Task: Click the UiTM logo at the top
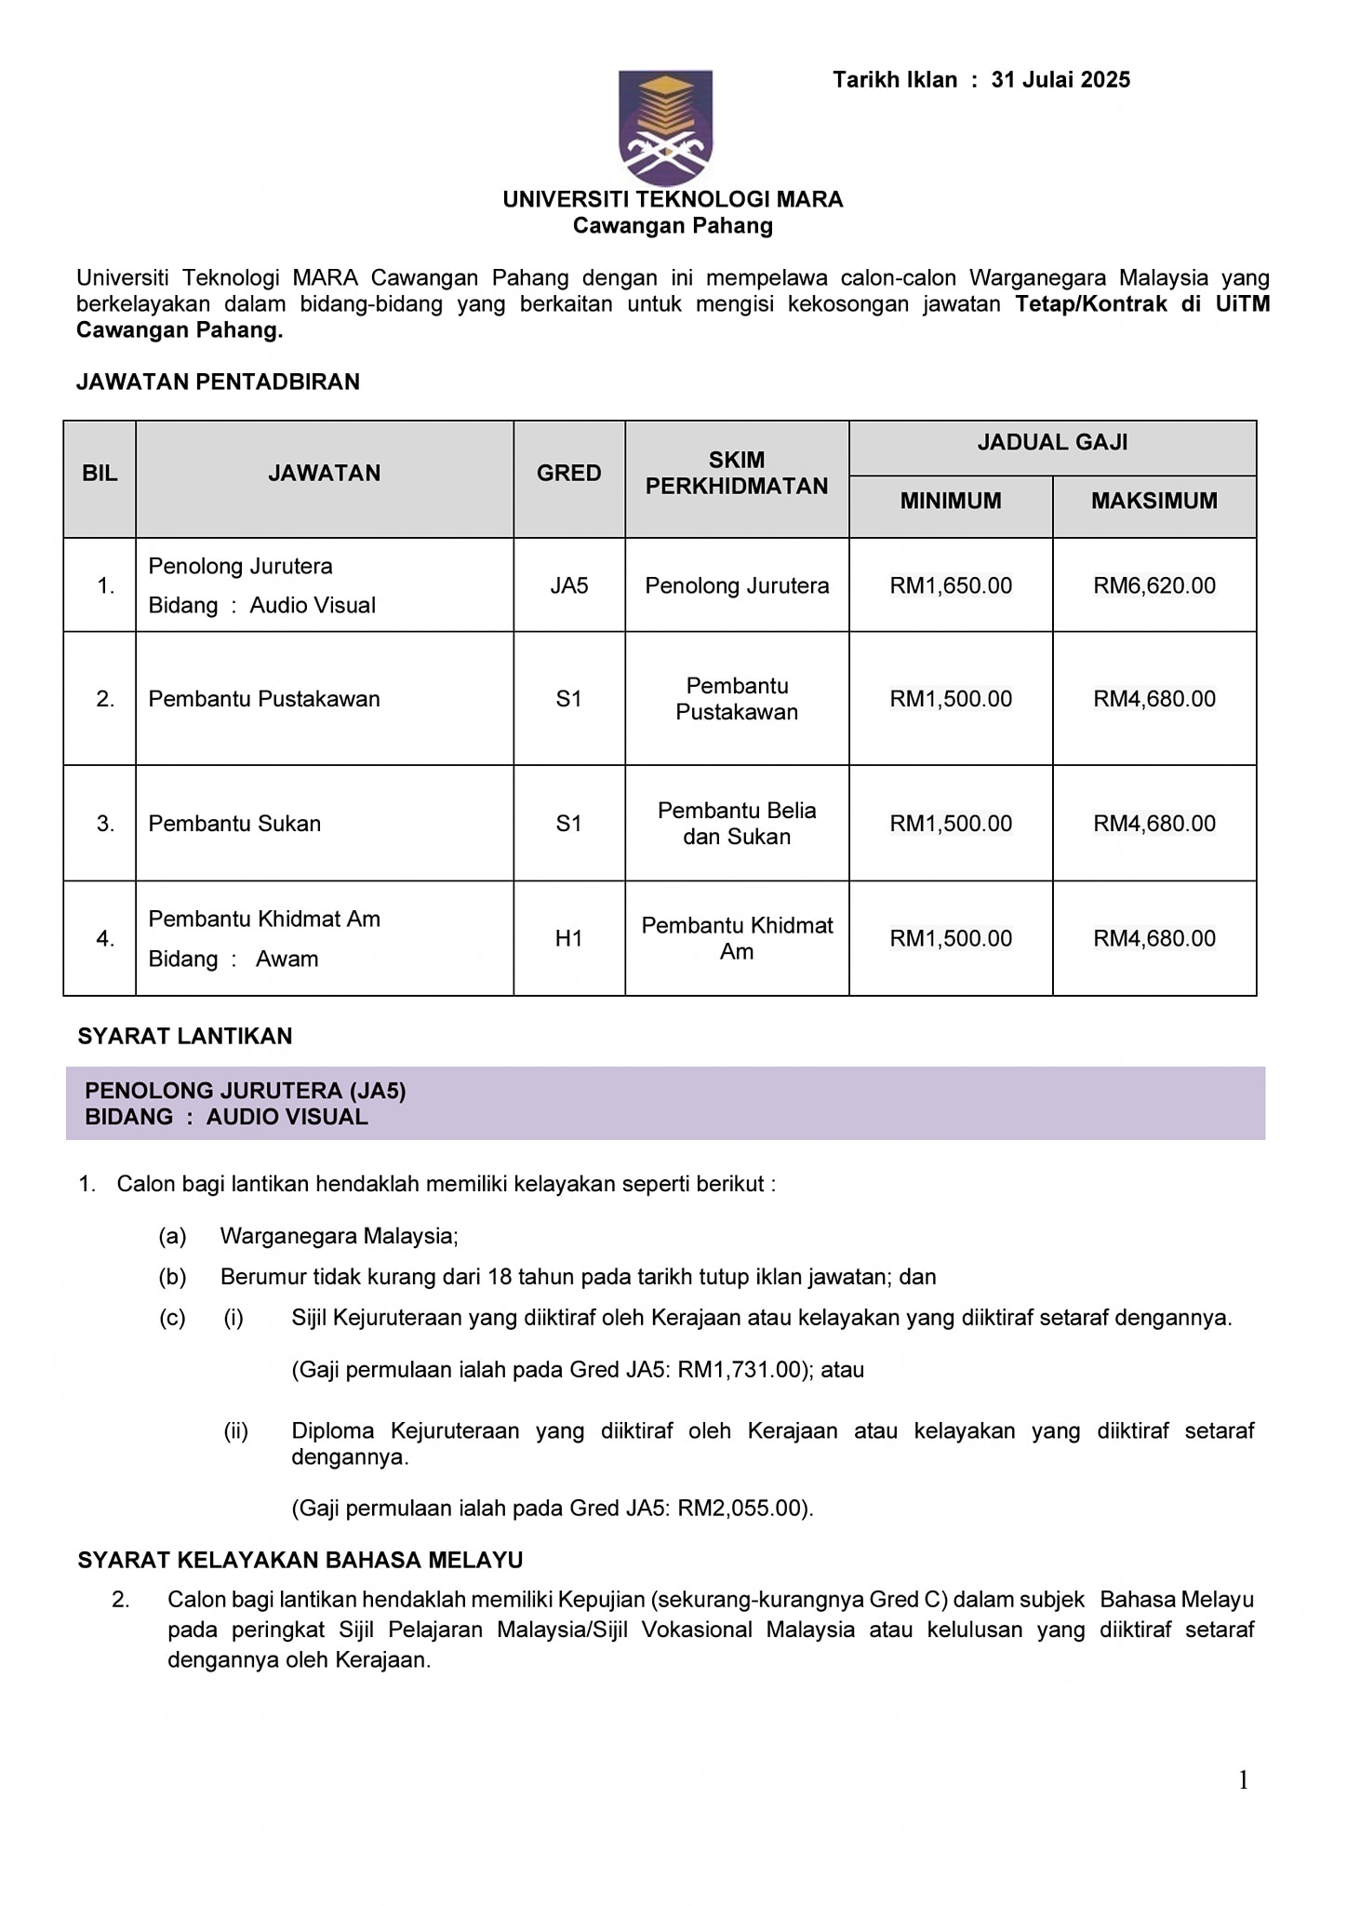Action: [x=665, y=127]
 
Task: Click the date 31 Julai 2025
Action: [x=1060, y=80]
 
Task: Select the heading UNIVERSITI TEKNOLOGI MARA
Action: [x=673, y=199]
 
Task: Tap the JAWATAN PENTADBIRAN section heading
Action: [x=218, y=382]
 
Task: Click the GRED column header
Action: [x=568, y=474]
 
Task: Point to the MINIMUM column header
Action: [x=950, y=501]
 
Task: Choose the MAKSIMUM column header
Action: [x=1154, y=501]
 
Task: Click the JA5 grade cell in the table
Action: [x=568, y=585]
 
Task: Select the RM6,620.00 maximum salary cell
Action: [x=1154, y=585]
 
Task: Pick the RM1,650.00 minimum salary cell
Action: [x=950, y=585]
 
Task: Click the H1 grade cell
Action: [x=568, y=938]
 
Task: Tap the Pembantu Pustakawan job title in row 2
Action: [x=264, y=699]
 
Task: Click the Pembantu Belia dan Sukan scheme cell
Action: [x=736, y=824]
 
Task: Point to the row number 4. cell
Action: [x=105, y=938]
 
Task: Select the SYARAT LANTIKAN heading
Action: [x=184, y=1036]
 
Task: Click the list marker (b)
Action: [x=172, y=1277]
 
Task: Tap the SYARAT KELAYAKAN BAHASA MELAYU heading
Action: [x=300, y=1560]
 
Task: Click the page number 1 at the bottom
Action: [x=1243, y=1780]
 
